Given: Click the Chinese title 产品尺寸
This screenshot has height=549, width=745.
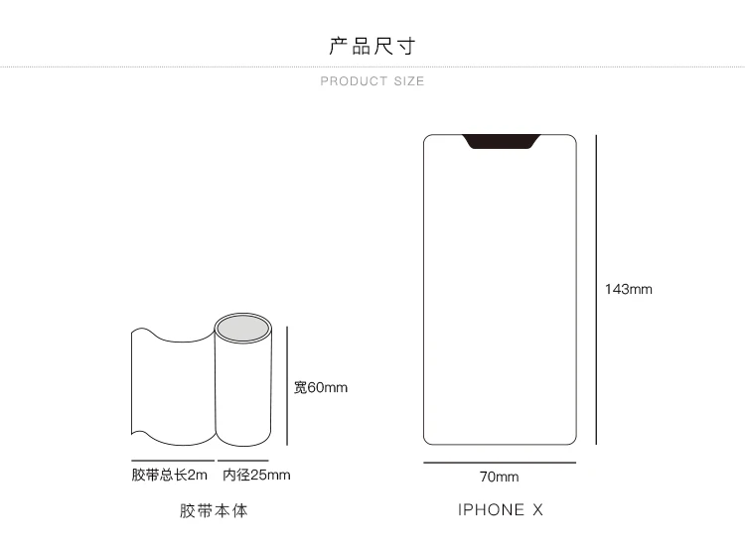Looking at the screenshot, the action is click(x=372, y=46).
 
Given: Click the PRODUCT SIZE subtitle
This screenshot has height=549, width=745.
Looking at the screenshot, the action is click(x=372, y=81).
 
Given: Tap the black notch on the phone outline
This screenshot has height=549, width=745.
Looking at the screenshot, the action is click(x=502, y=142).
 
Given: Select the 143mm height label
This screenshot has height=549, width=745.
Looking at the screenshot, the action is click(x=628, y=289).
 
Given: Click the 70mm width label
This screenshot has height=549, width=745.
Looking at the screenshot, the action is click(x=499, y=477).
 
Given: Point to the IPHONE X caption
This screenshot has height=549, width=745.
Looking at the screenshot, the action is click(x=501, y=509).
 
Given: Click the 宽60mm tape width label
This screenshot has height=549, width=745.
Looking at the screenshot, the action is click(x=321, y=387).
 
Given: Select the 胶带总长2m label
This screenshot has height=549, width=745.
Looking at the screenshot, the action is click(x=170, y=475).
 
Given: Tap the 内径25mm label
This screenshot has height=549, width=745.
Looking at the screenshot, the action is click(x=256, y=475).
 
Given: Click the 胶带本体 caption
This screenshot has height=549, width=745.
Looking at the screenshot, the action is click(x=214, y=510).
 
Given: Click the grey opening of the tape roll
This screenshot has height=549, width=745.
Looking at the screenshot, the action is click(x=242, y=328).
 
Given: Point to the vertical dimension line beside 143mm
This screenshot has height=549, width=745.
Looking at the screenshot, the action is click(x=596, y=290).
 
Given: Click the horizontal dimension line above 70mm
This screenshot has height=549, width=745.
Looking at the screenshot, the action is click(x=500, y=462).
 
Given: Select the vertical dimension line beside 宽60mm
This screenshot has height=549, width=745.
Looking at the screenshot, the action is click(x=287, y=385).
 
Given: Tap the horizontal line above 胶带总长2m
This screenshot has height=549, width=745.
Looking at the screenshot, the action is click(x=173, y=461).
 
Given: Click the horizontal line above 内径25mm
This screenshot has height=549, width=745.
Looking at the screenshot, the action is click(x=243, y=461).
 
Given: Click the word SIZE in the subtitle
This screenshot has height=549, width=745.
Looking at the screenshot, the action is click(x=409, y=81).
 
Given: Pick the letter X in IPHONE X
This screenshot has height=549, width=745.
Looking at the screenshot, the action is click(x=537, y=509).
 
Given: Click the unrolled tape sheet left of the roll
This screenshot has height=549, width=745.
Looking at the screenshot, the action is click(x=173, y=386).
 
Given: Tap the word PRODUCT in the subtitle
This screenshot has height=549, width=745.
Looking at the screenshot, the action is click(x=354, y=81).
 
